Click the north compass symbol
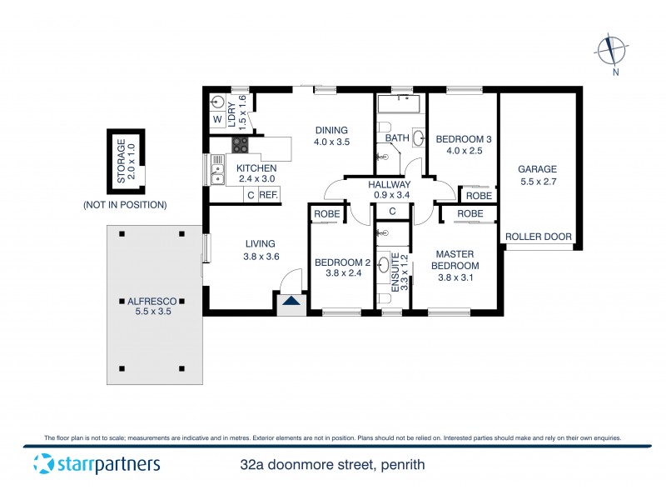(x=614, y=51)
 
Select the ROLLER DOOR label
(x=539, y=237)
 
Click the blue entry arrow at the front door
(x=291, y=301)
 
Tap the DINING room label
(x=331, y=136)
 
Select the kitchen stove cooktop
(x=240, y=145)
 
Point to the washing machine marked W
(x=217, y=120)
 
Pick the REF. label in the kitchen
(x=268, y=195)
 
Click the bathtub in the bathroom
(x=400, y=105)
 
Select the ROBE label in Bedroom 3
(x=478, y=195)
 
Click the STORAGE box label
(x=125, y=162)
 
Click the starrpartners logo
(x=96, y=464)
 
